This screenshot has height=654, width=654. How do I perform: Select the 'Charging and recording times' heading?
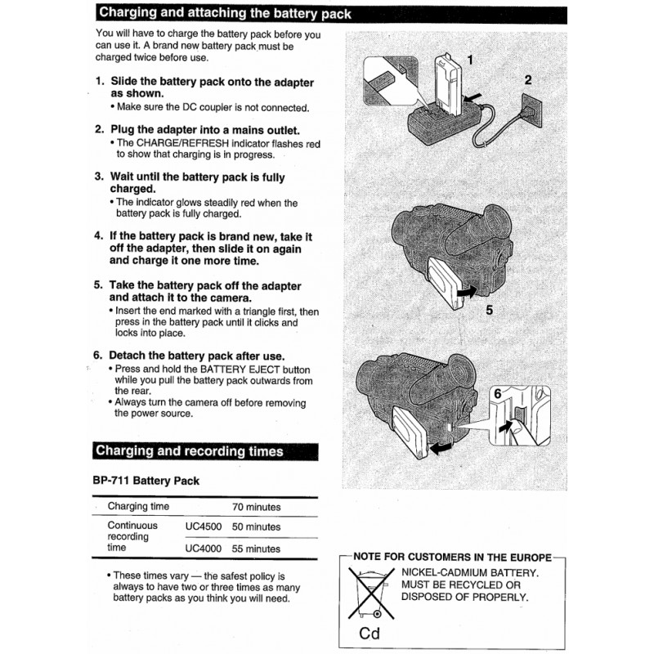click(190, 450)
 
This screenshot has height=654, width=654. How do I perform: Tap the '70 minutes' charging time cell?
click(256, 507)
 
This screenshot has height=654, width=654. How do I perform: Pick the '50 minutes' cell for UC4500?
click(256, 527)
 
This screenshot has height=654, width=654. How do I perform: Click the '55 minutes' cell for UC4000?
click(256, 549)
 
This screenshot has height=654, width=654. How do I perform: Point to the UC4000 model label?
click(203, 549)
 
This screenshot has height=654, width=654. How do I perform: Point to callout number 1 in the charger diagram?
click(470, 58)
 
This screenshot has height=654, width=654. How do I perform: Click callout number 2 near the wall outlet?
click(527, 80)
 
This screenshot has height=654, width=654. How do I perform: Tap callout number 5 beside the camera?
click(489, 310)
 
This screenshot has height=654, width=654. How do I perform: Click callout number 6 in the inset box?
click(496, 394)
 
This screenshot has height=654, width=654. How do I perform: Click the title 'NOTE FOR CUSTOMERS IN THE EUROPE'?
click(451, 557)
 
